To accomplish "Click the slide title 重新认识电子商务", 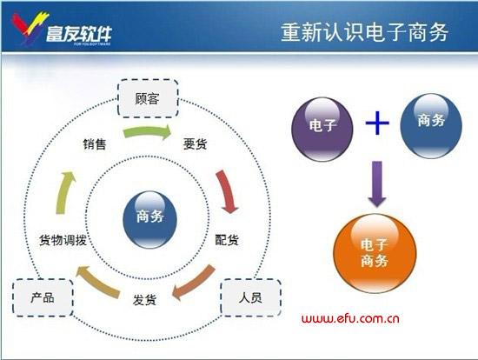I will [x=365, y=32].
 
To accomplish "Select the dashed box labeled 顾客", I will [x=147, y=99].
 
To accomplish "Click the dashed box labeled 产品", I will [x=43, y=297].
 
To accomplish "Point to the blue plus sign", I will [x=377, y=123].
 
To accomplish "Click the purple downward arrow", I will [x=376, y=184].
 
